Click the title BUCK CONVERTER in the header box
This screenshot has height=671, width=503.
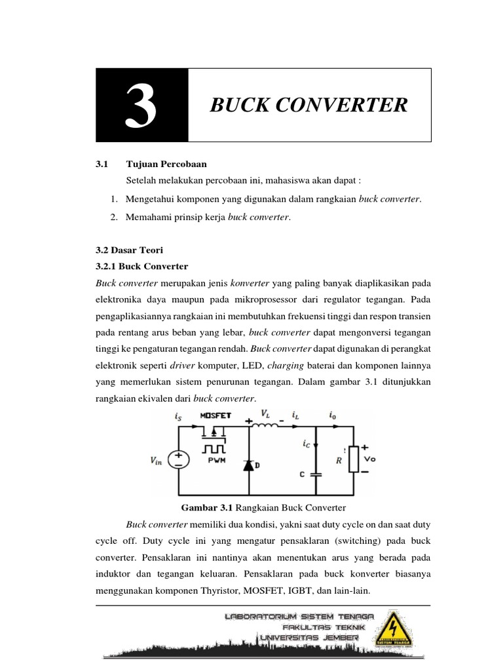(x=308, y=105)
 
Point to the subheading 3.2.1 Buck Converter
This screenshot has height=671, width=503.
(x=141, y=266)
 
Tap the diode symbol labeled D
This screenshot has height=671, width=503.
(x=250, y=465)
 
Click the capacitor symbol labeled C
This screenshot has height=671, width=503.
(x=316, y=473)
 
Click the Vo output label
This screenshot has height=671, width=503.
(x=370, y=459)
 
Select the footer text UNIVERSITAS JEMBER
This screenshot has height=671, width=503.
(x=309, y=637)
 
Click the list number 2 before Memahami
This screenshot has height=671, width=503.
(x=114, y=217)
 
